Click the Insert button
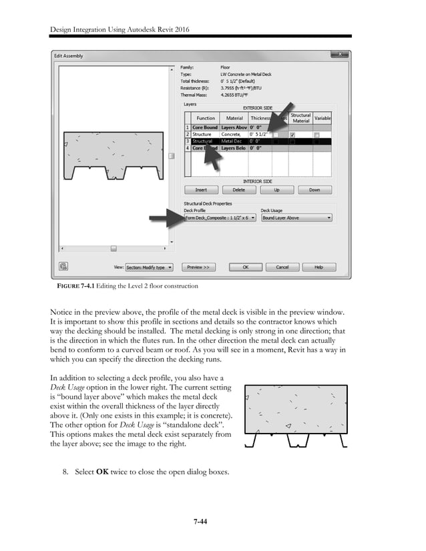pyautogui.click(x=201, y=190)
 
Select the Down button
pyautogui.click(x=314, y=190)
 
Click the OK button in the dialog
pyautogui.click(x=246, y=267)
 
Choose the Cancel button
pyautogui.click(x=282, y=267)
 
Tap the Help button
pyautogui.click(x=318, y=267)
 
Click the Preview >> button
pyautogui.click(x=198, y=267)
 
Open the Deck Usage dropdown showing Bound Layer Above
pyautogui.click(x=296, y=217)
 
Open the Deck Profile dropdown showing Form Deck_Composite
pyautogui.click(x=220, y=217)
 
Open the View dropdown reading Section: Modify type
pyautogui.click(x=149, y=267)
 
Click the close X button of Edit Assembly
pyautogui.click(x=340, y=55)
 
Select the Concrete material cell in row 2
pyautogui.click(x=231, y=134)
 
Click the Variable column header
pyautogui.click(x=323, y=118)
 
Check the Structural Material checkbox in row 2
pyautogui.click(x=292, y=135)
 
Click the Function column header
pyautogui.click(x=206, y=118)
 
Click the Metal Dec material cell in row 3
pyautogui.click(x=231, y=141)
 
